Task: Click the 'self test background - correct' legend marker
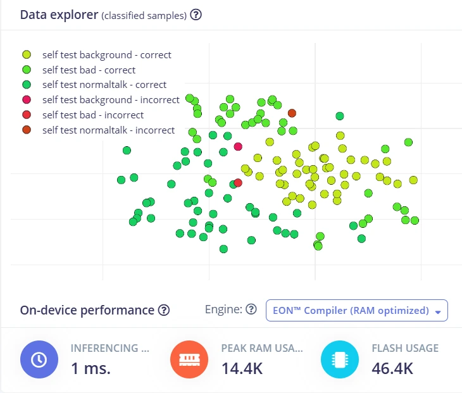pyautogui.click(x=27, y=54)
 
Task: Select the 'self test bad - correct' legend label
pyautogui.click(x=89, y=70)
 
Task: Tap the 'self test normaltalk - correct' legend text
pyautogui.click(x=104, y=85)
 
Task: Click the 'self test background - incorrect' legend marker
pyautogui.click(x=27, y=99)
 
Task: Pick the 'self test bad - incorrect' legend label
pyautogui.click(x=93, y=115)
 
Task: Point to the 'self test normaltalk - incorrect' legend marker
pyautogui.click(x=27, y=130)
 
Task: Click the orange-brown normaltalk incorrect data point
pyautogui.click(x=292, y=113)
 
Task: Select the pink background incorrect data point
pyautogui.click(x=238, y=146)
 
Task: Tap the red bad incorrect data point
pyautogui.click(x=238, y=183)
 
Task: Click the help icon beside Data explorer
pyautogui.click(x=196, y=15)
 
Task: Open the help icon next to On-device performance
pyautogui.click(x=164, y=310)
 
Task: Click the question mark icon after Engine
pyautogui.click(x=251, y=309)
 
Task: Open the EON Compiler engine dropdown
pyautogui.click(x=357, y=311)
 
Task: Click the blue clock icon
pyautogui.click(x=39, y=359)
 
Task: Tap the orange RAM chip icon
pyautogui.click(x=189, y=359)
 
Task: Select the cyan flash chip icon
pyautogui.click(x=340, y=359)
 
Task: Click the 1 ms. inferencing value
pyautogui.click(x=91, y=368)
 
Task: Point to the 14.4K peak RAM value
pyautogui.click(x=242, y=368)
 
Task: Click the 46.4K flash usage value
pyautogui.click(x=392, y=368)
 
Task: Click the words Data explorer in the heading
pyautogui.click(x=59, y=15)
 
